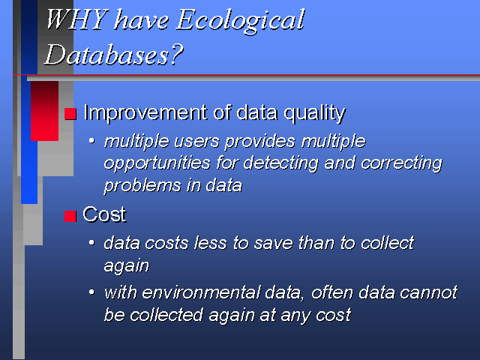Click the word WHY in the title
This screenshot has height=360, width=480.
tap(77, 19)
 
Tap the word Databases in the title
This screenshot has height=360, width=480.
tap(106, 55)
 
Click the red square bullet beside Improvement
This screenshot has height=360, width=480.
tap(70, 113)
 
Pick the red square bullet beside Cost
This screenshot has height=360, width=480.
tap(70, 216)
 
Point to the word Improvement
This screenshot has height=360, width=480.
tap(145, 113)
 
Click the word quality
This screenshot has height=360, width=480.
tap(314, 114)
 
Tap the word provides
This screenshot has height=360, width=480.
tap(260, 142)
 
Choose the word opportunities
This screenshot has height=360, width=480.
tap(157, 163)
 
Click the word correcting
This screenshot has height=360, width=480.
tap(402, 163)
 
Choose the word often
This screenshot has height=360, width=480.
tap(332, 292)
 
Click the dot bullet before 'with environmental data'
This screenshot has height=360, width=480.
tap(91, 292)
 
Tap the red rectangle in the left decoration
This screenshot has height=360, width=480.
tap(44, 111)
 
